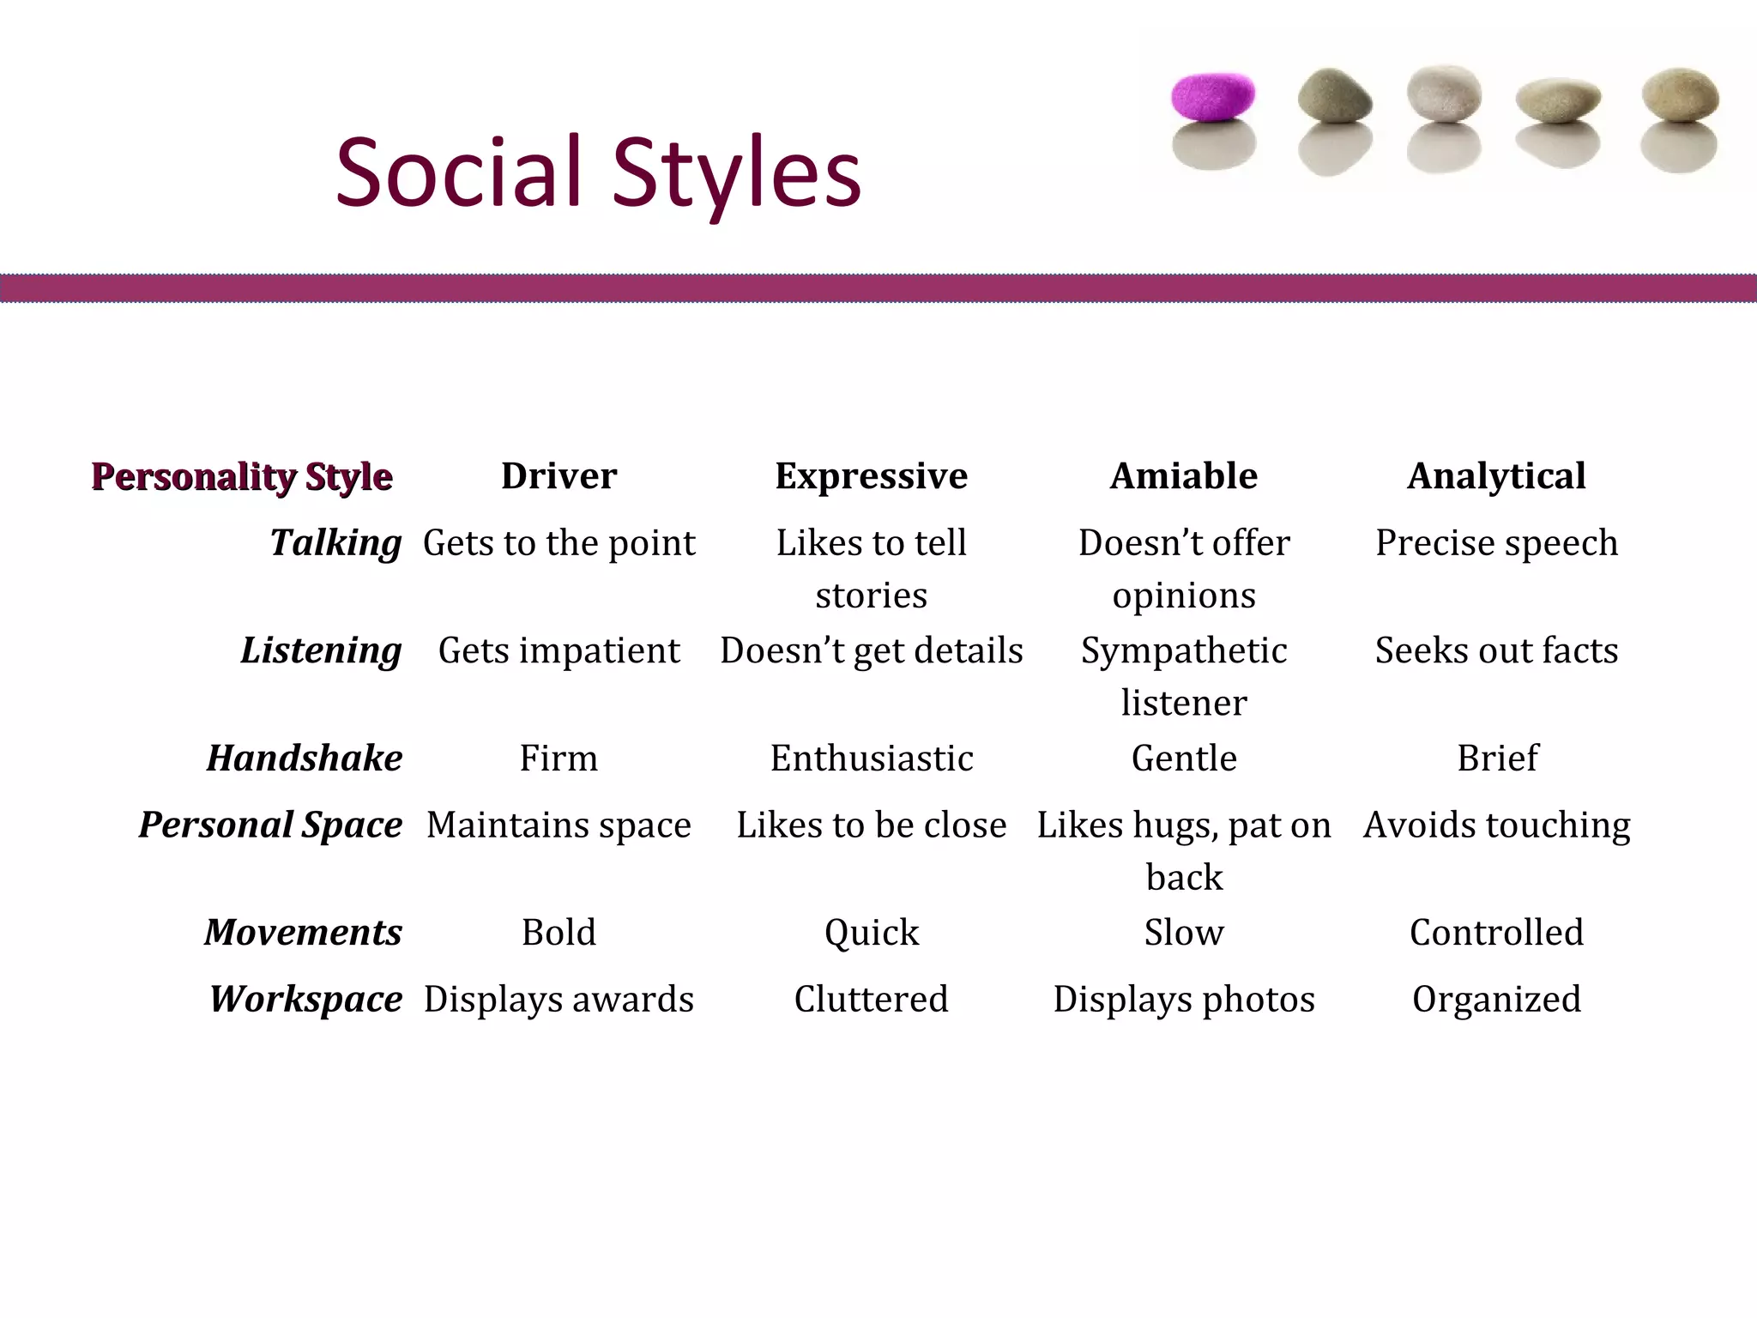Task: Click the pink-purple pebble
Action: (1213, 96)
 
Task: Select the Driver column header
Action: (558, 476)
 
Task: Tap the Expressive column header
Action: (871, 476)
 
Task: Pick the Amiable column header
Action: (1184, 476)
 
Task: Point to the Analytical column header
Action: (1496, 476)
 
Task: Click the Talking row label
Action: (335, 543)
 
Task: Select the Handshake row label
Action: (305, 759)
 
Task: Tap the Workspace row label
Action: (305, 1000)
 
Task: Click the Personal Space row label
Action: (270, 825)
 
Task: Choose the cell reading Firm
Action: (558, 759)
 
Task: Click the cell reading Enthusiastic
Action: (871, 759)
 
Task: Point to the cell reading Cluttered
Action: (871, 1000)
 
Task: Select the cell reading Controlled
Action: (1496, 933)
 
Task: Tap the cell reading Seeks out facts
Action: (1496, 651)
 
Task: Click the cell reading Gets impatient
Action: (558, 651)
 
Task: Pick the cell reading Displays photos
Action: (1184, 1000)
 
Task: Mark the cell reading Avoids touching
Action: (1496, 825)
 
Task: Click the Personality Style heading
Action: (242, 476)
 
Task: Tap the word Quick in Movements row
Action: (871, 933)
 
